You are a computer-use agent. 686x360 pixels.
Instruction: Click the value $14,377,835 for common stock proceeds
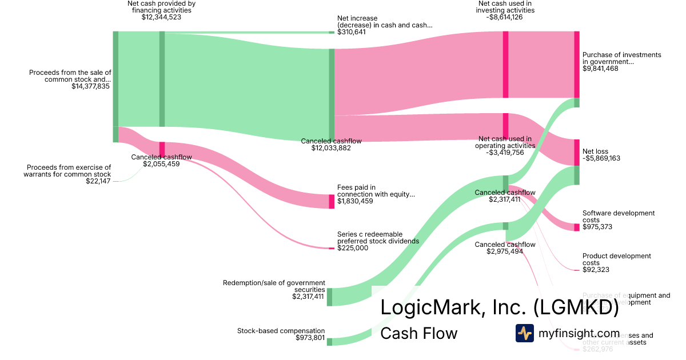coord(90,86)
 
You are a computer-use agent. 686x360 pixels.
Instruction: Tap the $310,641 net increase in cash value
coord(352,32)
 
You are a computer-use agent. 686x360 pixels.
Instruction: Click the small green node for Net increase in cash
coord(332,33)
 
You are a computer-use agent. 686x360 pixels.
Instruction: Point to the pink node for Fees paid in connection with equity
coord(332,201)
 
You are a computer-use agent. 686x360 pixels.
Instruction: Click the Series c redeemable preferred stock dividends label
coord(378,238)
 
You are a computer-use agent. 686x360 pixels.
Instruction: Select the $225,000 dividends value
coord(353,248)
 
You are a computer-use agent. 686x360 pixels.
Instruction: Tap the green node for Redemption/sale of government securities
coord(329,297)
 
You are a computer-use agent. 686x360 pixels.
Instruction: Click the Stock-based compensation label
coord(281,331)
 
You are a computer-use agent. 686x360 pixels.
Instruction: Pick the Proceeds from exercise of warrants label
coord(67,170)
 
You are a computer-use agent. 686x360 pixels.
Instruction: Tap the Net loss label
coord(595,151)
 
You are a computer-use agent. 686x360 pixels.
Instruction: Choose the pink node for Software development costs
coord(577,227)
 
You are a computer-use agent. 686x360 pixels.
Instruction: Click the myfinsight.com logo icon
coord(524,333)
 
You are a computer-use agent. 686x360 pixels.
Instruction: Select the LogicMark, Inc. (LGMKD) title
coord(499,308)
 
